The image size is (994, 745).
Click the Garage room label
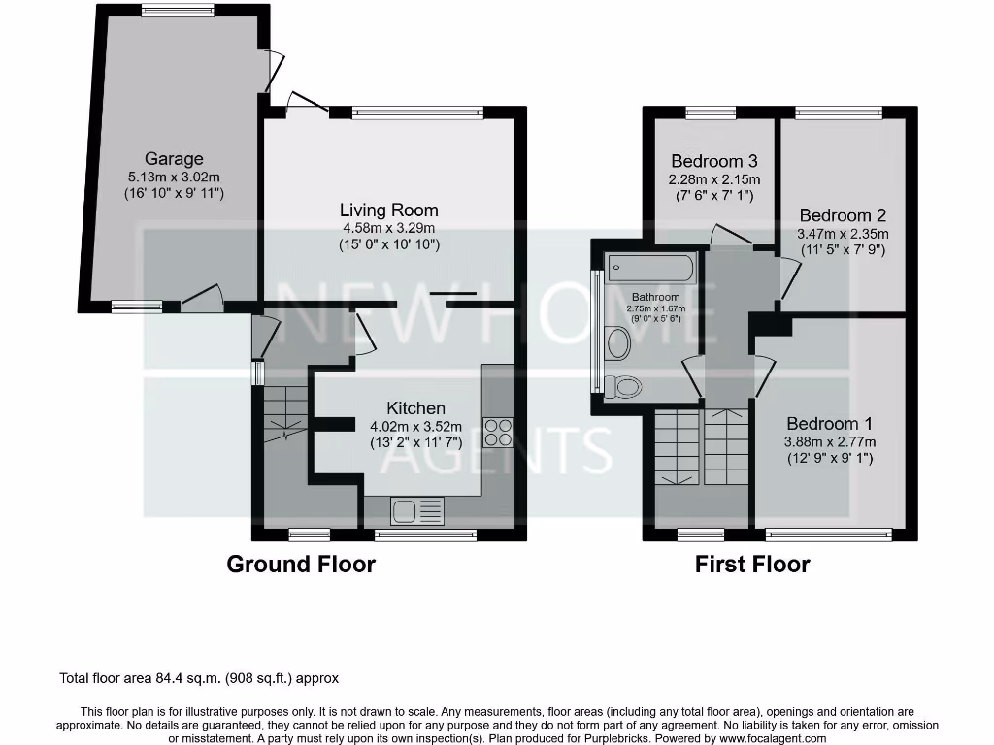(174, 158)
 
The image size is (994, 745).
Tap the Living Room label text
(388, 210)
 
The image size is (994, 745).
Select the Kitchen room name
(415, 408)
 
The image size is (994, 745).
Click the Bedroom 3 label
(713, 161)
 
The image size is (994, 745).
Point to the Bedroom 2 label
(843, 215)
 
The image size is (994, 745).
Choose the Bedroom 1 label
(829, 424)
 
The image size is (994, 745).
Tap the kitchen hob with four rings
(498, 431)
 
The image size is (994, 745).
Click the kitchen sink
(417, 508)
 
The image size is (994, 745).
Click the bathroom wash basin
(616, 341)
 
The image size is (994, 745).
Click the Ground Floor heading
(301, 564)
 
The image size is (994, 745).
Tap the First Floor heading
(752, 564)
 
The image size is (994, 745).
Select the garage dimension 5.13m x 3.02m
(175, 178)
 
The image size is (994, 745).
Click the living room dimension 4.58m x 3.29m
(389, 229)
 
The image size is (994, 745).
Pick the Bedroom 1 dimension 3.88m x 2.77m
(830, 442)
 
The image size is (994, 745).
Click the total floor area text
(199, 679)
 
